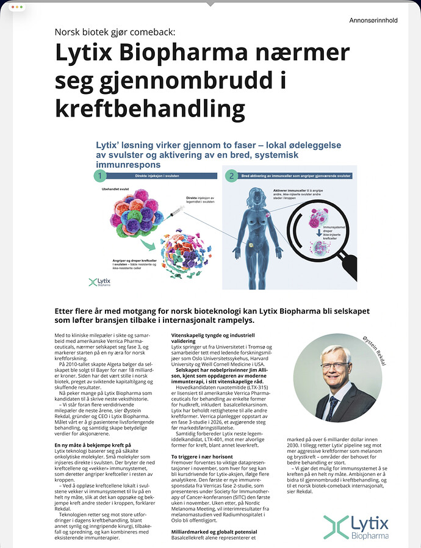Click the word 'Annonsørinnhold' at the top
(x=373, y=21)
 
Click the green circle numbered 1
(x=100, y=176)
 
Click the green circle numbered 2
(x=231, y=176)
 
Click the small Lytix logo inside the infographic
(x=100, y=281)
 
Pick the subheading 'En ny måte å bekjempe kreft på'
(x=93, y=445)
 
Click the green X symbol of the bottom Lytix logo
(x=336, y=527)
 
